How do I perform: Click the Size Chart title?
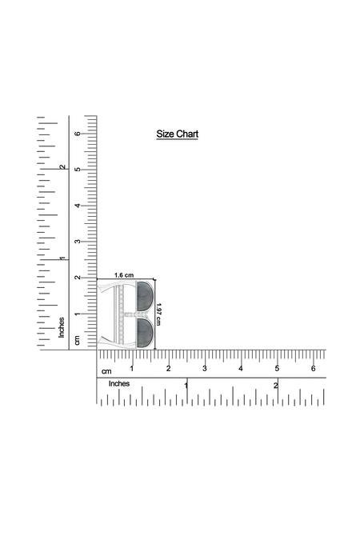[178, 134]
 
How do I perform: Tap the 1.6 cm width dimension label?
[124, 275]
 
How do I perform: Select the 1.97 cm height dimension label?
[158, 314]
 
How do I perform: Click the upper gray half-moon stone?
[145, 294]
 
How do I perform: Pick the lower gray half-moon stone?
[145, 332]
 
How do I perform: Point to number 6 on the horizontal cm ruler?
[313, 369]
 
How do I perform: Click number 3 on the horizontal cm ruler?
[205, 369]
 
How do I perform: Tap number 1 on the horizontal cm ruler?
[132, 369]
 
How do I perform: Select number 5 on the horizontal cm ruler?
[277, 369]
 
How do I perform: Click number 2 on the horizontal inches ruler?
[275, 386]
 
